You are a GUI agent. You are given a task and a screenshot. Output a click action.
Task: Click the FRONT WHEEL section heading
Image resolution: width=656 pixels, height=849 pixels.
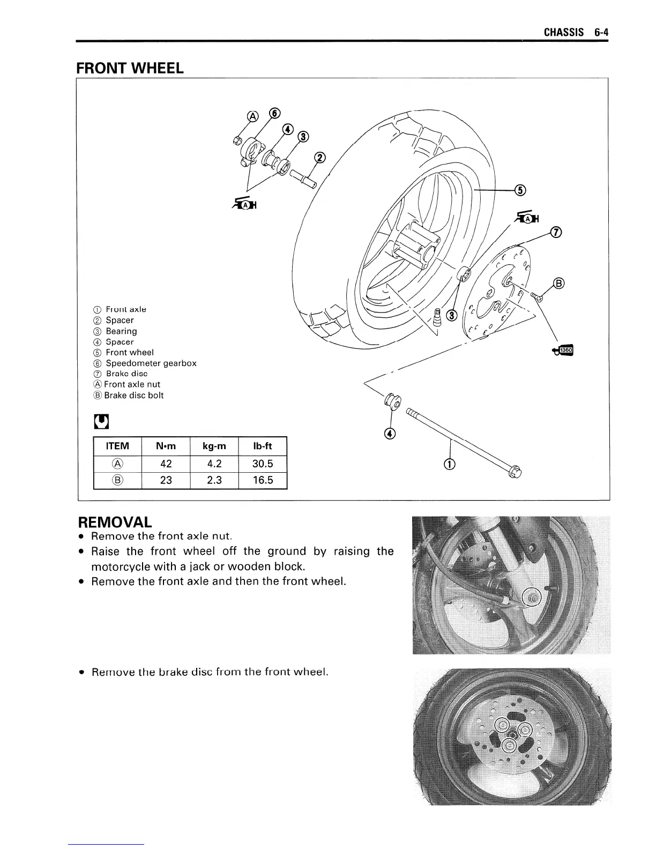[x=130, y=68]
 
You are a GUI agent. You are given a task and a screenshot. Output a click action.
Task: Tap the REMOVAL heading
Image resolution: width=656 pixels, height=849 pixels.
[x=115, y=522]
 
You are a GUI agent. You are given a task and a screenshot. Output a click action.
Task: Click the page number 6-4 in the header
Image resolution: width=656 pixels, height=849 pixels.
[x=601, y=32]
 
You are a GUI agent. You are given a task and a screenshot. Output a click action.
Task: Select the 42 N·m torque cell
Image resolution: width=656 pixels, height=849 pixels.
[x=166, y=464]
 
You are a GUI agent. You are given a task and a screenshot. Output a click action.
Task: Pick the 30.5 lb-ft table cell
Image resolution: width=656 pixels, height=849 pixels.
[x=263, y=464]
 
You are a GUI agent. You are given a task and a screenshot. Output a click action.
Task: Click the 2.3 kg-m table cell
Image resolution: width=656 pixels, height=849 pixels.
[x=214, y=480]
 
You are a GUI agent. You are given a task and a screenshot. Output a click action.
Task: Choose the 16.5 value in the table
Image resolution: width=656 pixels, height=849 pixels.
[x=263, y=480]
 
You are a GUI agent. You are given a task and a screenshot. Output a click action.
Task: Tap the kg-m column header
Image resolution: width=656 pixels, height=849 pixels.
[x=214, y=446]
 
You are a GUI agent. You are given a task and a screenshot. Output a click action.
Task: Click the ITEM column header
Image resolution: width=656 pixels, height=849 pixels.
[x=117, y=446]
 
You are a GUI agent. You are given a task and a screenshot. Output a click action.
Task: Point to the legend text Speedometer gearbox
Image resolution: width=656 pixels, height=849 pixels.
[x=151, y=363]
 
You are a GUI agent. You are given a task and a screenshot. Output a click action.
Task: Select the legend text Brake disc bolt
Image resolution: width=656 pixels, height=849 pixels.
[x=133, y=396]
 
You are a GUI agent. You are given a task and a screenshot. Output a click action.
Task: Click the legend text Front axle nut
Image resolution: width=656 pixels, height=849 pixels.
[x=132, y=384]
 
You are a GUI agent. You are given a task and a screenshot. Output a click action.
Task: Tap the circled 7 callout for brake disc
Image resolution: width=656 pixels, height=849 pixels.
[x=556, y=232]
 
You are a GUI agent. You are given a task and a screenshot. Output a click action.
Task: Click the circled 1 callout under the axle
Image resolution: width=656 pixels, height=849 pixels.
[x=449, y=464]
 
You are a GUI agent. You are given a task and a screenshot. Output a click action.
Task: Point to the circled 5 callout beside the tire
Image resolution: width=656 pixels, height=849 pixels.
[x=519, y=190]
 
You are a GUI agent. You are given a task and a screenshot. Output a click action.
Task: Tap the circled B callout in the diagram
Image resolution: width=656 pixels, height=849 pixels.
[x=558, y=283]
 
